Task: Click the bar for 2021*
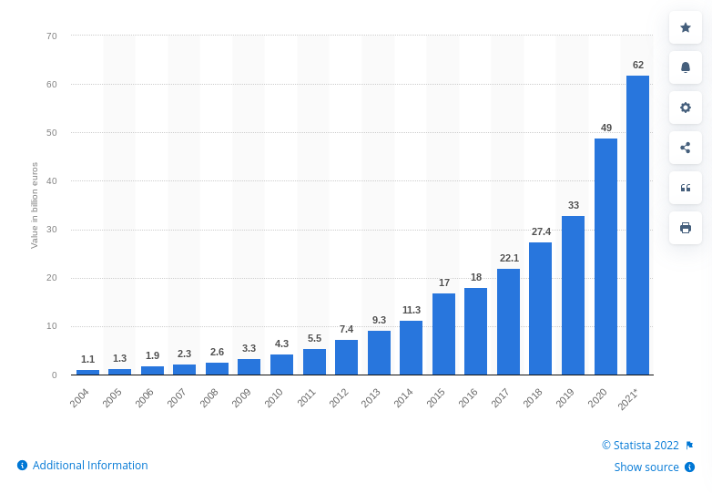coord(637,225)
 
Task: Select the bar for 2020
coord(605,256)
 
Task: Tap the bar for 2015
coord(443,334)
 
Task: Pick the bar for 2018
coord(540,308)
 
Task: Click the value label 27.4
coord(540,232)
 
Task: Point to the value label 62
coord(637,65)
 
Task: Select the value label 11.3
coord(411,310)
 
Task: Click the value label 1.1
coord(87,359)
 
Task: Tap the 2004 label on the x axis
coord(81,396)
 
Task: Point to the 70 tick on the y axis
coord(51,36)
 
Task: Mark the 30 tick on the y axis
coord(51,230)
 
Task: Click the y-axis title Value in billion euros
coord(35,205)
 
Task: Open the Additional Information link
coord(89,465)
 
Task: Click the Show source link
coord(646,467)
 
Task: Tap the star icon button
coord(686,27)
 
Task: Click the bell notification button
coord(686,67)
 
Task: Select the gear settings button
coord(686,108)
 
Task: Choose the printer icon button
coord(686,227)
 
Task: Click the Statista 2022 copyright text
coord(640,445)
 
